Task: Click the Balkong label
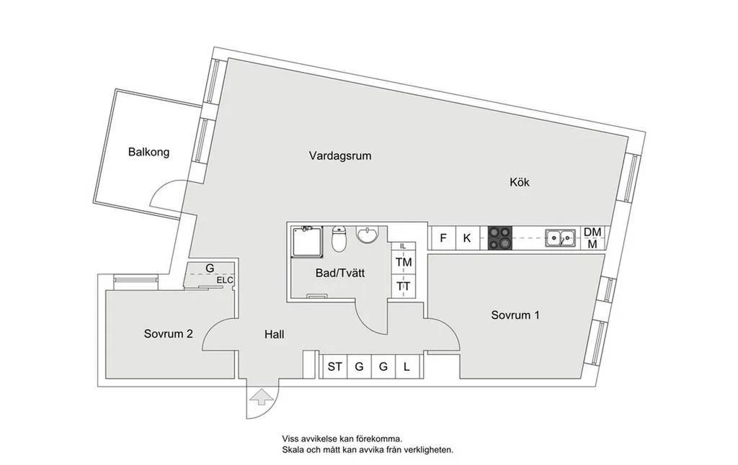click(x=148, y=152)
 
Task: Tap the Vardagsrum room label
click(x=340, y=155)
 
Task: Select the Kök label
click(x=519, y=183)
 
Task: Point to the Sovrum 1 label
click(x=515, y=315)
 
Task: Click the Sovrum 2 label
click(x=168, y=334)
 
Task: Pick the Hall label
click(x=274, y=335)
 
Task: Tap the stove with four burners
click(x=499, y=238)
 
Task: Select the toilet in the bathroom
click(x=339, y=240)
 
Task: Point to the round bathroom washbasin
click(x=368, y=235)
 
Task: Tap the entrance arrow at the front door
click(x=259, y=397)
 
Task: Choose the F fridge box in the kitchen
click(x=443, y=238)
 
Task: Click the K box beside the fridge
click(x=466, y=238)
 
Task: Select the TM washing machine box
click(x=404, y=262)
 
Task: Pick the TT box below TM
click(x=404, y=286)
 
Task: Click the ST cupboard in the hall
click(x=334, y=367)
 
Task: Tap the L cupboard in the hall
click(x=406, y=367)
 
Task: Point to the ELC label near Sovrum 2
click(x=225, y=280)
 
